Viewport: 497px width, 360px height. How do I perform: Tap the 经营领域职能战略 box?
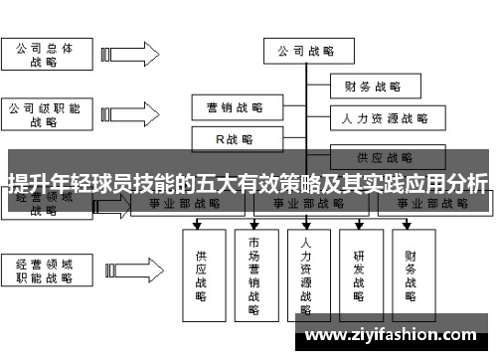coord(45,271)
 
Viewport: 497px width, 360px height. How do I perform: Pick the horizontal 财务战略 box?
coord(373,86)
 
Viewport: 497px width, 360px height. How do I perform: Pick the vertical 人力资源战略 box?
coord(306,274)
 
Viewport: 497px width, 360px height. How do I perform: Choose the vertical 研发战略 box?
coord(359,269)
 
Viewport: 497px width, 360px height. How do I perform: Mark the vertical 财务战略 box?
coord(412,269)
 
